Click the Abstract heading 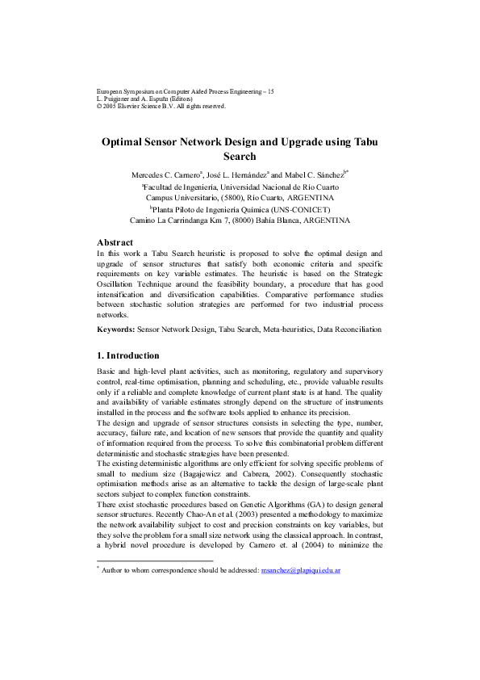tap(115, 242)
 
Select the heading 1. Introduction tap(128, 355)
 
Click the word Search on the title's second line tap(239, 157)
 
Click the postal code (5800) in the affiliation tap(230, 196)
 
